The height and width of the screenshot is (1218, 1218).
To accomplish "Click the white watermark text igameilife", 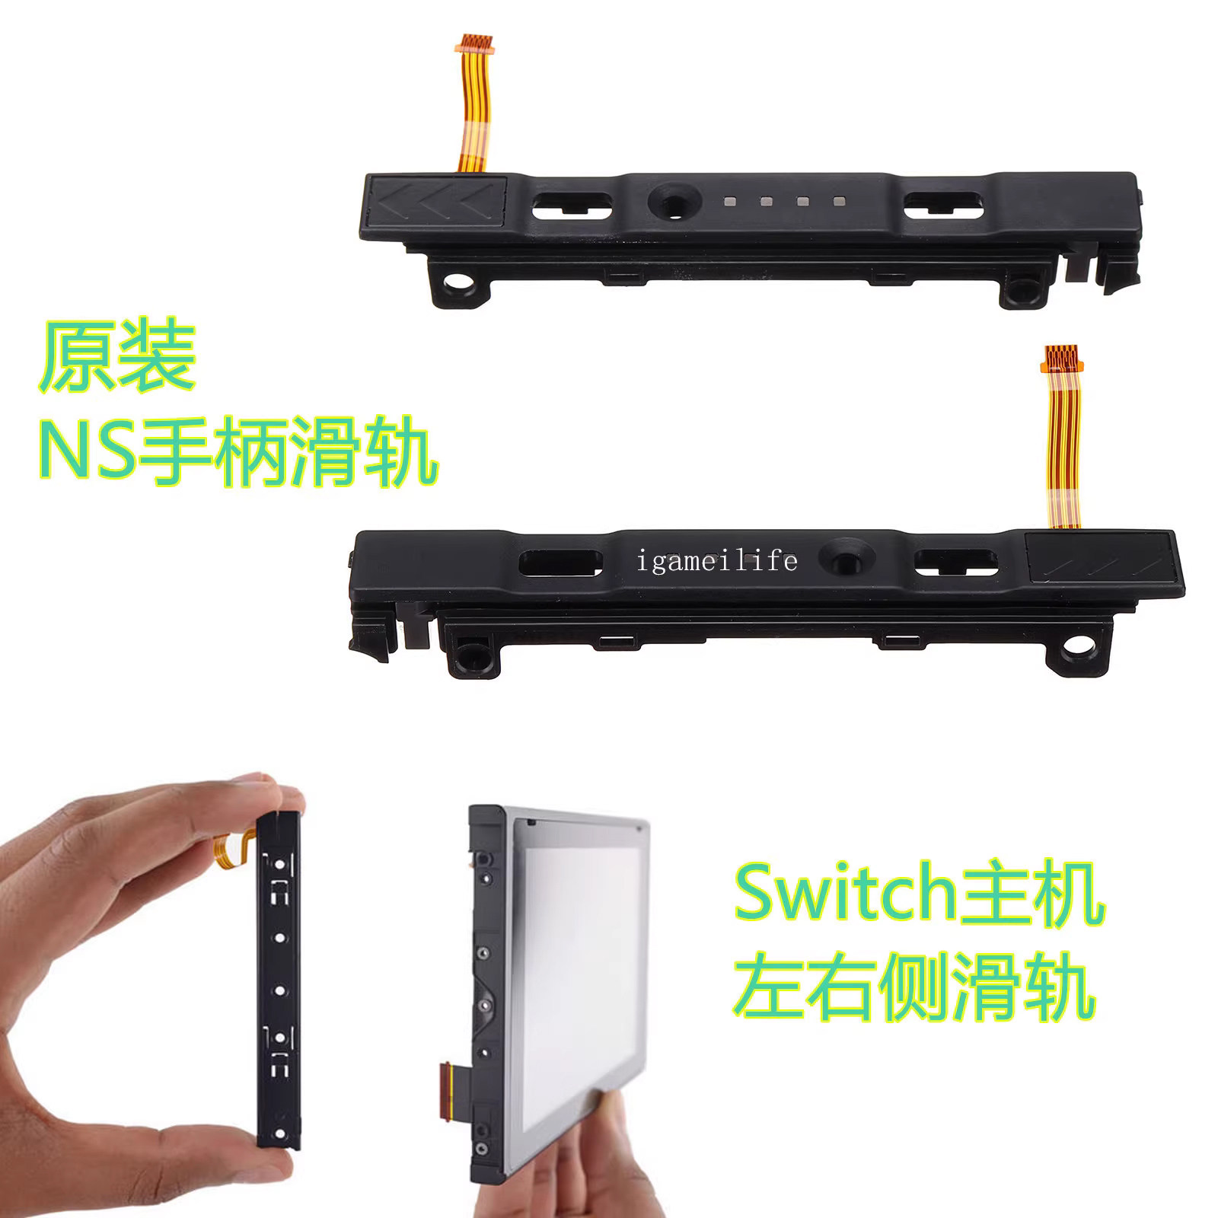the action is coord(717,562).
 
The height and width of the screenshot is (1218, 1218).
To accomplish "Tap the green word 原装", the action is coord(118,357).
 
